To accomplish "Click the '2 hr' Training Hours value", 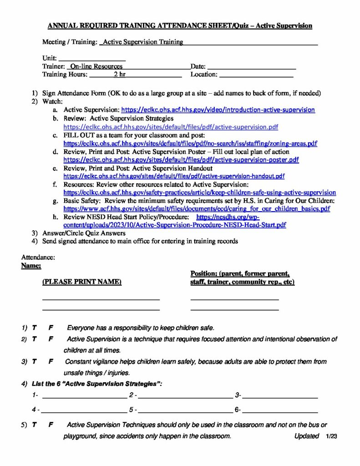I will pyautogui.click(x=120, y=75).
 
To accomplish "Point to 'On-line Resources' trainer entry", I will pyautogui.click(x=96, y=66).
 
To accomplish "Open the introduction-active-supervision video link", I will pyautogui.click(x=218, y=110).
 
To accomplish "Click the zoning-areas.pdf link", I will pyautogui.click(x=190, y=143).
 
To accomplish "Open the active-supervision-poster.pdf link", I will pyautogui.click(x=181, y=160).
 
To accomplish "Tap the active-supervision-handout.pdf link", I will pyautogui.click(x=174, y=176).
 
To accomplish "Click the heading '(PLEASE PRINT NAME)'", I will pyautogui.click(x=82, y=282).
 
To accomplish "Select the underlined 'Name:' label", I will pyautogui.click(x=31, y=265).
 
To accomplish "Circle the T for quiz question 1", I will pyautogui.click(x=34, y=328).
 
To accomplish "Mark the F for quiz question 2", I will pyautogui.click(x=51, y=339).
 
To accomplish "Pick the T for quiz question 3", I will pyautogui.click(x=34, y=362).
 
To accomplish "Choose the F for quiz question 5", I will pyautogui.click(x=51, y=425).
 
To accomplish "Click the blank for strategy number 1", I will pyautogui.click(x=84, y=396).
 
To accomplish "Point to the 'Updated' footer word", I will pyautogui.click(x=307, y=436).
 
